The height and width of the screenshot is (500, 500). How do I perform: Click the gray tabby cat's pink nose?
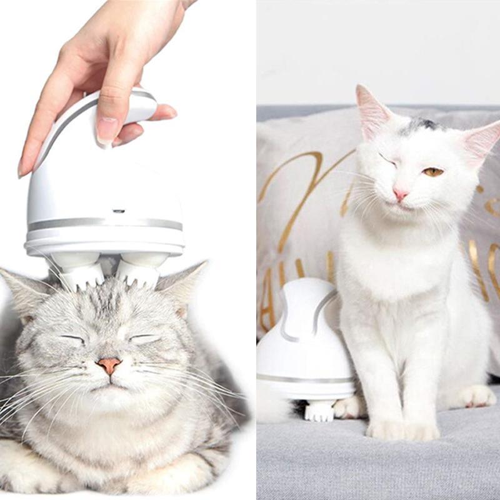[x=109, y=364]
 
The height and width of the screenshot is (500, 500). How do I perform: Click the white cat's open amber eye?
[x=432, y=172]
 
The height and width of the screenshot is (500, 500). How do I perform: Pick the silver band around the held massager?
[x=104, y=224]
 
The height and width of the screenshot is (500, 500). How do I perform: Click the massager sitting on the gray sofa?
[x=304, y=344]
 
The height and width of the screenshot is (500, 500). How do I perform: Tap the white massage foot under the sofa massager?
[x=319, y=411]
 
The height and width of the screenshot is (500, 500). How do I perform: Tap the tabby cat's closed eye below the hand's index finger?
[x=73, y=339]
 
